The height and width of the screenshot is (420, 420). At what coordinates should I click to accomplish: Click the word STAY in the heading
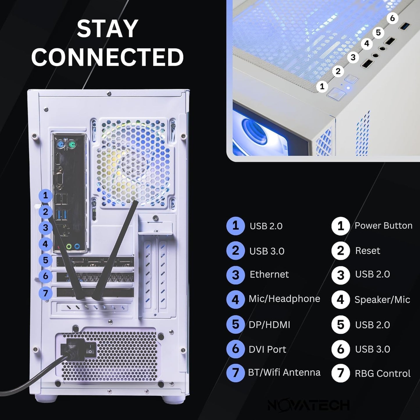107,28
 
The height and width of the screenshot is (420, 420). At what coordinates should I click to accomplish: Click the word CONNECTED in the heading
107,57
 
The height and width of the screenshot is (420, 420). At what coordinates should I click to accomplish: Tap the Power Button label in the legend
383,226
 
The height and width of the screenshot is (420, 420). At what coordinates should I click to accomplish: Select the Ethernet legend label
269,274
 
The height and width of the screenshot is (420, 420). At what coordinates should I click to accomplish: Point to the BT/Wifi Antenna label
284,372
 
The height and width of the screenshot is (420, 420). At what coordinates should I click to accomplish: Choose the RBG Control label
383,373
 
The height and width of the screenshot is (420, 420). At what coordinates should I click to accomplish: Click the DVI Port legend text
267,349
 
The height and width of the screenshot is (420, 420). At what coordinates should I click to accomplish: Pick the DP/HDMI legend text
269,325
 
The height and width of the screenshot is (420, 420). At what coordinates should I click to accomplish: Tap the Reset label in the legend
367,251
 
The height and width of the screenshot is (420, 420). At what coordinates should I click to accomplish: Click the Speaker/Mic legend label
382,300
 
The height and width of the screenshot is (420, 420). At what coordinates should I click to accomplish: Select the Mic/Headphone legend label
284,299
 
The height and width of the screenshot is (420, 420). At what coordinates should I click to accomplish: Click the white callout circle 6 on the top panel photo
392,18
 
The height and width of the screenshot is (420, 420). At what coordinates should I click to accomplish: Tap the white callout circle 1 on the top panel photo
322,86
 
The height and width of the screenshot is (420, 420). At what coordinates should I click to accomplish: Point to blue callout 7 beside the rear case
45,293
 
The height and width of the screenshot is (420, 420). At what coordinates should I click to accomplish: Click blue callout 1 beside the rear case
45,196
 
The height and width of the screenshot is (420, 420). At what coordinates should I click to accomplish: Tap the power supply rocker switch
92,348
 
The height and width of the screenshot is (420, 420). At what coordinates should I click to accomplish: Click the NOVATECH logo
308,405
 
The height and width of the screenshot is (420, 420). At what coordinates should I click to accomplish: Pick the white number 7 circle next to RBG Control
340,373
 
